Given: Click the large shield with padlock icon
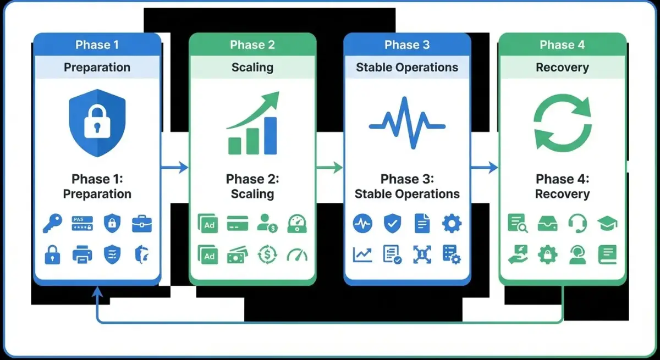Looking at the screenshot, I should coord(97,123).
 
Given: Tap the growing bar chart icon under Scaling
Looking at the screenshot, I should coord(253,124).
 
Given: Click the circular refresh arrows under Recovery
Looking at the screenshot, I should coord(562,123).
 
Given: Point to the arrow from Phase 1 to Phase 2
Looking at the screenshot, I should coord(175,167).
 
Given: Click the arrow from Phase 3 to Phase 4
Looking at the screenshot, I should coord(485,167).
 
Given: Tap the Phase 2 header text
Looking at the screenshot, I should coord(252,45).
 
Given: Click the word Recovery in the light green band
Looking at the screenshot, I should coord(562,68).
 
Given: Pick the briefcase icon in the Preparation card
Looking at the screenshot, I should coord(142,224).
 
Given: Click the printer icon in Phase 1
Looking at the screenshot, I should coord(82,254).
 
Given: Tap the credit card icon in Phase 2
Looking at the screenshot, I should coord(238,224).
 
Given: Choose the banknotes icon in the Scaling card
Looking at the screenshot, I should coord(238,254).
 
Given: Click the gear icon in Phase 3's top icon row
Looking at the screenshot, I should coord(452,224).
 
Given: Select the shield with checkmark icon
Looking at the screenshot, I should coord(392,224).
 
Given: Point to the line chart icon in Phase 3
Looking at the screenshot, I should coord(362,254).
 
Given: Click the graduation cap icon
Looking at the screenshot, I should coord(607,224).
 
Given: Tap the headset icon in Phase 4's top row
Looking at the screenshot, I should coord(577,224).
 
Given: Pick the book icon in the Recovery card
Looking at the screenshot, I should coord(607,254).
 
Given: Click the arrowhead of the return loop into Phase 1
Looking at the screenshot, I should coord(97,292).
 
